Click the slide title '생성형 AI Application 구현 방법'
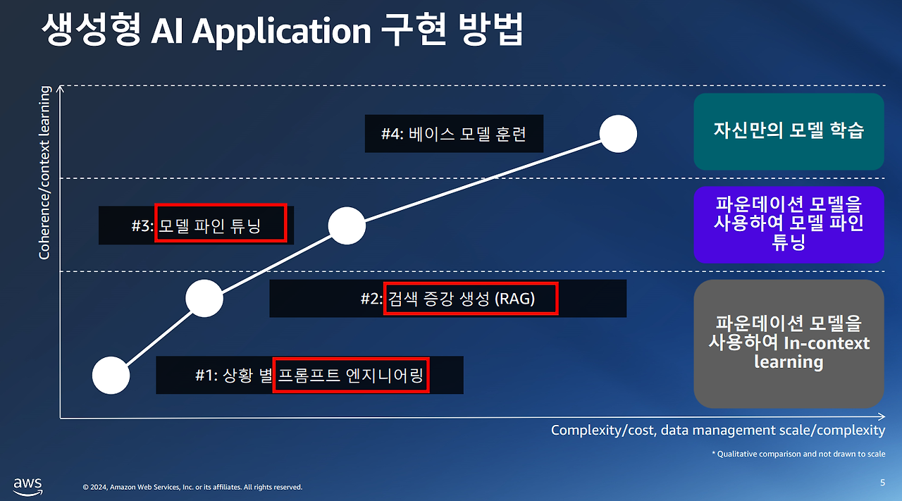coord(282,32)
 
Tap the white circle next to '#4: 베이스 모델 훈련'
coord(618,134)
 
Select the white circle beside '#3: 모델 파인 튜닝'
coord(347,226)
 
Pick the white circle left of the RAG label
coord(204,299)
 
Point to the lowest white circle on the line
coord(111,375)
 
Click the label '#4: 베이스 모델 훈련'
coord(454,133)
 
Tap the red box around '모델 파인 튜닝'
coord(221,222)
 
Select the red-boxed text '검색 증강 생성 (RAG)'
coord(471,299)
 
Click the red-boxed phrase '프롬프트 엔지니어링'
coord(350,374)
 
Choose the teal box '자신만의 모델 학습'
coord(789,131)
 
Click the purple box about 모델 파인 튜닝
coord(789,224)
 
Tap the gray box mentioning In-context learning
coord(789,343)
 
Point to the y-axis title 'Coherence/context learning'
coord(45,173)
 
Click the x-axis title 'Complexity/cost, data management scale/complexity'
coord(717,430)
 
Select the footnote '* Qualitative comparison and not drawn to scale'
coord(798,454)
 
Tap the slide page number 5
coord(882,483)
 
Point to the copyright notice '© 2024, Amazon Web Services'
coord(192,487)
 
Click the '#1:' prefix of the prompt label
coord(206,375)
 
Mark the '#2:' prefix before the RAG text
coord(371,299)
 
